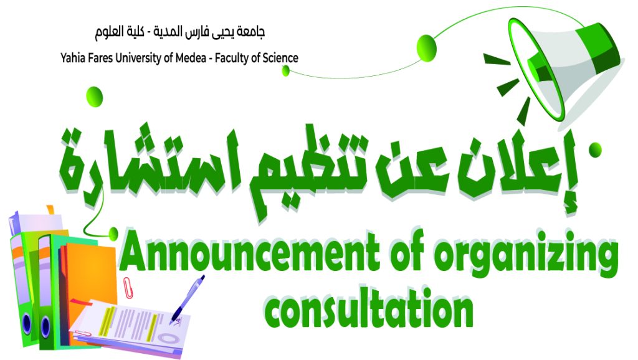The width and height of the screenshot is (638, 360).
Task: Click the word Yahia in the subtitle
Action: tap(72, 59)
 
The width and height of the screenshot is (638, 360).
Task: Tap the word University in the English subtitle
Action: tap(138, 59)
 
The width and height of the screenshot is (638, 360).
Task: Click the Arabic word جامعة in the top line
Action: tap(252, 32)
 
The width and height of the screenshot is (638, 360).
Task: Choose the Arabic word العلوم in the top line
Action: tap(108, 32)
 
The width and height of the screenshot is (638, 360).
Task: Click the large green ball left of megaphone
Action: tap(427, 49)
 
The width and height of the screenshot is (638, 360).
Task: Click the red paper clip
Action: tap(128, 288)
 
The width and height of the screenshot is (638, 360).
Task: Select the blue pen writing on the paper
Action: tap(187, 299)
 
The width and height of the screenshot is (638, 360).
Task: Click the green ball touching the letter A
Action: tap(113, 233)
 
